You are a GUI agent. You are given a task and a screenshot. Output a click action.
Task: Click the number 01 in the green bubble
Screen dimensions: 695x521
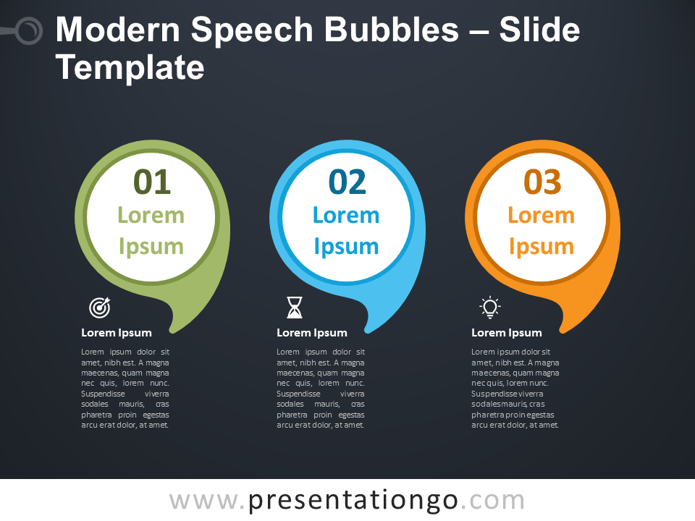[152, 182]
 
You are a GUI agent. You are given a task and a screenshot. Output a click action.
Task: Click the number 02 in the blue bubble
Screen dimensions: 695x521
[347, 182]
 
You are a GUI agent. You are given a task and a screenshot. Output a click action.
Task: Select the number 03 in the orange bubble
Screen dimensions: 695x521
[542, 182]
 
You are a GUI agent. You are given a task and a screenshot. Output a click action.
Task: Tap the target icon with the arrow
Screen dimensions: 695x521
[100, 308]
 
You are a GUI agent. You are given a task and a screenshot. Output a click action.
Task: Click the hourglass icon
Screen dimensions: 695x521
[295, 308]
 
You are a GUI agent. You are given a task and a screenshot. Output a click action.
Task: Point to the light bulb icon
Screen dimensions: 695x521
[490, 307]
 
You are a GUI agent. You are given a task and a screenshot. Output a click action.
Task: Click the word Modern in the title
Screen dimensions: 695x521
[118, 30]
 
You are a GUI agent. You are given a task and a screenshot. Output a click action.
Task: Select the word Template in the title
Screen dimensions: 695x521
[130, 67]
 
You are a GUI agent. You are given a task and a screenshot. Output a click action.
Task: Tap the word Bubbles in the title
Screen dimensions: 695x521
[392, 30]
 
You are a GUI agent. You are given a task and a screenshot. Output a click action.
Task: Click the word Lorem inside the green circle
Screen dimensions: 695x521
[151, 216]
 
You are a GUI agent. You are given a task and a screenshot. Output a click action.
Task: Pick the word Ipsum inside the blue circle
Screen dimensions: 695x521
[346, 247]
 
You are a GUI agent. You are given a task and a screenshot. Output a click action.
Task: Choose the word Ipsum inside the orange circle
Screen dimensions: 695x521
[542, 247]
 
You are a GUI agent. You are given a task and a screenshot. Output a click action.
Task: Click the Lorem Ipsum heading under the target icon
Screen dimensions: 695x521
[116, 333]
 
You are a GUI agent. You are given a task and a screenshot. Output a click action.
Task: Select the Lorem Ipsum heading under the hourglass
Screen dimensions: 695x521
[311, 333]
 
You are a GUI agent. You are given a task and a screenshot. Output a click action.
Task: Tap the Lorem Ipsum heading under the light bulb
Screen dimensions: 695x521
[506, 333]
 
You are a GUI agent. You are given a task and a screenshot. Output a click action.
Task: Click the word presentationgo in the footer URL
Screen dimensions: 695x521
[353, 501]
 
